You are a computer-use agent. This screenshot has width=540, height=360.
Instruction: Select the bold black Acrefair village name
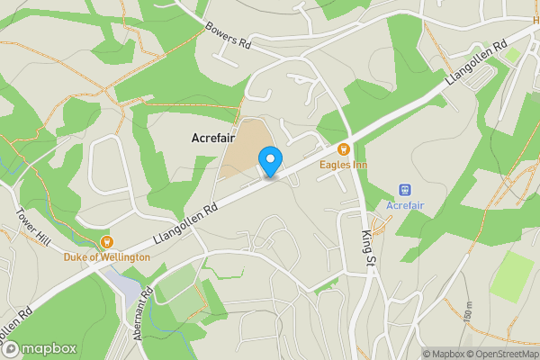click(212, 138)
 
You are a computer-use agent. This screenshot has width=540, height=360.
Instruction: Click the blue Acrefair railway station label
click(405, 206)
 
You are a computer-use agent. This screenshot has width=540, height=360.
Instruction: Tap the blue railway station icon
click(405, 190)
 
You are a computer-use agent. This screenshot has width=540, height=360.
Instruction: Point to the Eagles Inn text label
click(342, 165)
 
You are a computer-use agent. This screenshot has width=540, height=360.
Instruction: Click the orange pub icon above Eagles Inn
click(342, 149)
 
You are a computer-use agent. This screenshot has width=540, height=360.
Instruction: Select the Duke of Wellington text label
click(106, 256)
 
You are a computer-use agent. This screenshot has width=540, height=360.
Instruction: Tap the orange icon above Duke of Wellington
click(106, 240)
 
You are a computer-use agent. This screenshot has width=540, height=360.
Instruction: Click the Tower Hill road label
click(31, 227)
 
